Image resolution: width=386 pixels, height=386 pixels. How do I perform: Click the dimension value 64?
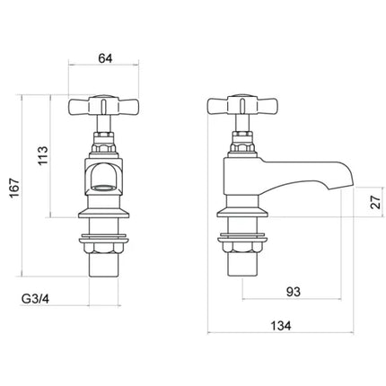coord(105,58)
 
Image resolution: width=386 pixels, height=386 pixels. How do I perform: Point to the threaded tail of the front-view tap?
coord(105,269)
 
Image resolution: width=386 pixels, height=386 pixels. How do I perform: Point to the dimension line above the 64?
coord(105,68)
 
